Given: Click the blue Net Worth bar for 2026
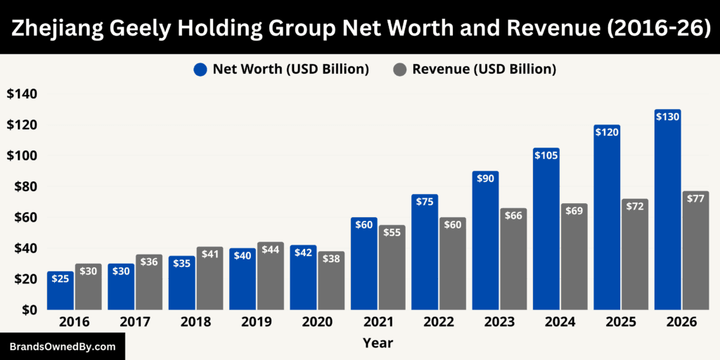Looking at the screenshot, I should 667,211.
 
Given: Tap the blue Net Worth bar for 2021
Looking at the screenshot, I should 364,266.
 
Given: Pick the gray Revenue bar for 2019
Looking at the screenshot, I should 271,278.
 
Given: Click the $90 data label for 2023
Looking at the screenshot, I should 485,179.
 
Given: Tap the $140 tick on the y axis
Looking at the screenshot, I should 22,94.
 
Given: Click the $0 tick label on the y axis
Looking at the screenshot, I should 29,309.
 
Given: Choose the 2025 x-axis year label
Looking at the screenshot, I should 621,322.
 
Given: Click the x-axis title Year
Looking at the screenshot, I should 378,343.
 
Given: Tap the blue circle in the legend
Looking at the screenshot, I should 200,70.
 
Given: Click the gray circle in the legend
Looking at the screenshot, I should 399,70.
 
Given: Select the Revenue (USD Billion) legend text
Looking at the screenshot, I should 484,70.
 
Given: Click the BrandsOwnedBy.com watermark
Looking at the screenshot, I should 62,347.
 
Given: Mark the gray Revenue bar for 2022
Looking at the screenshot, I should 453,264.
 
